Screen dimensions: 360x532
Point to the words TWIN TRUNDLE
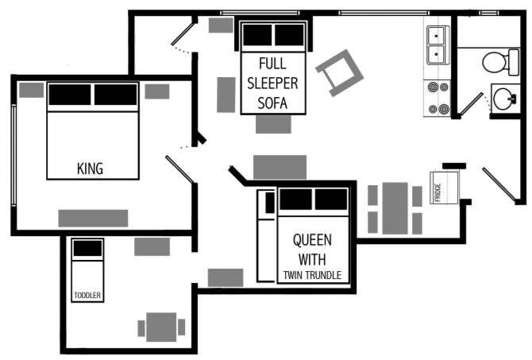pyautogui.click(x=312, y=276)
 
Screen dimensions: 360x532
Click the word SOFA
pyautogui.click(x=272, y=103)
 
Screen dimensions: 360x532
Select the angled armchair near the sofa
pyautogui.click(x=339, y=70)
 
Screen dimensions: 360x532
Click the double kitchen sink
pyautogui.click(x=437, y=45)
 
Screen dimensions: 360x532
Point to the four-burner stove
pyautogui.click(x=438, y=99)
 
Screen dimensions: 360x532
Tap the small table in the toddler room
pyautogui.click(x=161, y=326)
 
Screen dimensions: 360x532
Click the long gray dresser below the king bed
pyautogui.click(x=93, y=218)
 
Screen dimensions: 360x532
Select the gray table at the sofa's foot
pyautogui.click(x=273, y=125)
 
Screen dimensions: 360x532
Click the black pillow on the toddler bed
pyautogui.click(x=87, y=248)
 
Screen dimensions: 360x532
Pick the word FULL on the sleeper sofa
pyautogui.click(x=272, y=63)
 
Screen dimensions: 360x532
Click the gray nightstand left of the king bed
pyautogui.click(x=31, y=90)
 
